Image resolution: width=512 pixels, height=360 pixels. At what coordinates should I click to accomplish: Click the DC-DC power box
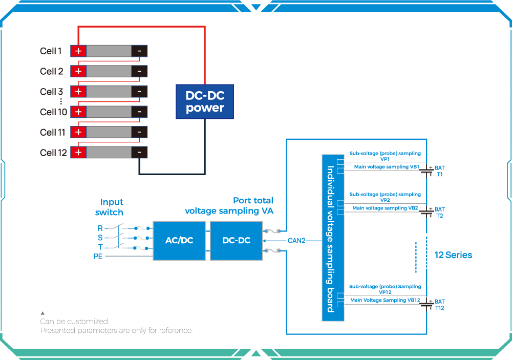[x=205, y=102]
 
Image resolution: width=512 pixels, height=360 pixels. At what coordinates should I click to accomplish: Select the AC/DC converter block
[x=179, y=240]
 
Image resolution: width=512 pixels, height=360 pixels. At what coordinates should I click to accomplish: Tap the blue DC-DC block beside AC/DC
[x=237, y=240]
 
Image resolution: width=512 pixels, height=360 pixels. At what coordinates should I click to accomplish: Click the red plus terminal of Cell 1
[x=78, y=51]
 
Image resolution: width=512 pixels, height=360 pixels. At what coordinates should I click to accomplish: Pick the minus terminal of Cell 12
[x=139, y=152]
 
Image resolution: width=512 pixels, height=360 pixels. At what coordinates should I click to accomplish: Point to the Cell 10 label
[x=53, y=112]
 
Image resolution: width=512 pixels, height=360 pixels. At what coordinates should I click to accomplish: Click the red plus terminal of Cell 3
[x=78, y=91]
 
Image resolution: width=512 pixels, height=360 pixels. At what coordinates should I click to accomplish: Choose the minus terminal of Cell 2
[x=139, y=71]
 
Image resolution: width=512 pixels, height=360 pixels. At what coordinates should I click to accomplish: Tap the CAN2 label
[x=296, y=240]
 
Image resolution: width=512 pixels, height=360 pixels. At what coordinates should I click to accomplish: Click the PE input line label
[x=98, y=256]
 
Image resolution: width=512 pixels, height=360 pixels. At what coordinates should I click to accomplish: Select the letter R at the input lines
[x=100, y=228]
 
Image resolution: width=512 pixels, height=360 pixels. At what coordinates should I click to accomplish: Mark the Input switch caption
[x=110, y=207]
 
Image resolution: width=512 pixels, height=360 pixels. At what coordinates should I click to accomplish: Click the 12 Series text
[x=453, y=255]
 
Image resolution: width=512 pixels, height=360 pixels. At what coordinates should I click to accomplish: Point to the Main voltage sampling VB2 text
[x=385, y=208]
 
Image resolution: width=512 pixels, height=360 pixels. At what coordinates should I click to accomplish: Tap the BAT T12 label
[x=439, y=305]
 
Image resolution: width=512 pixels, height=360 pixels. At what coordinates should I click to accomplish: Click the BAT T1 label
[x=439, y=171]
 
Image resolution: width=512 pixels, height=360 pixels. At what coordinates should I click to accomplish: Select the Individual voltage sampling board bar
[x=333, y=238]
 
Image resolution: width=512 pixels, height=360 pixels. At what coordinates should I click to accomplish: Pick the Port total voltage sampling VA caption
[x=229, y=205]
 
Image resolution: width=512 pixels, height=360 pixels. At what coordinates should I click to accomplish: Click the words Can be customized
[x=75, y=322]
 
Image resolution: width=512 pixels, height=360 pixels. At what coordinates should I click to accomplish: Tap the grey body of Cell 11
[x=109, y=132]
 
